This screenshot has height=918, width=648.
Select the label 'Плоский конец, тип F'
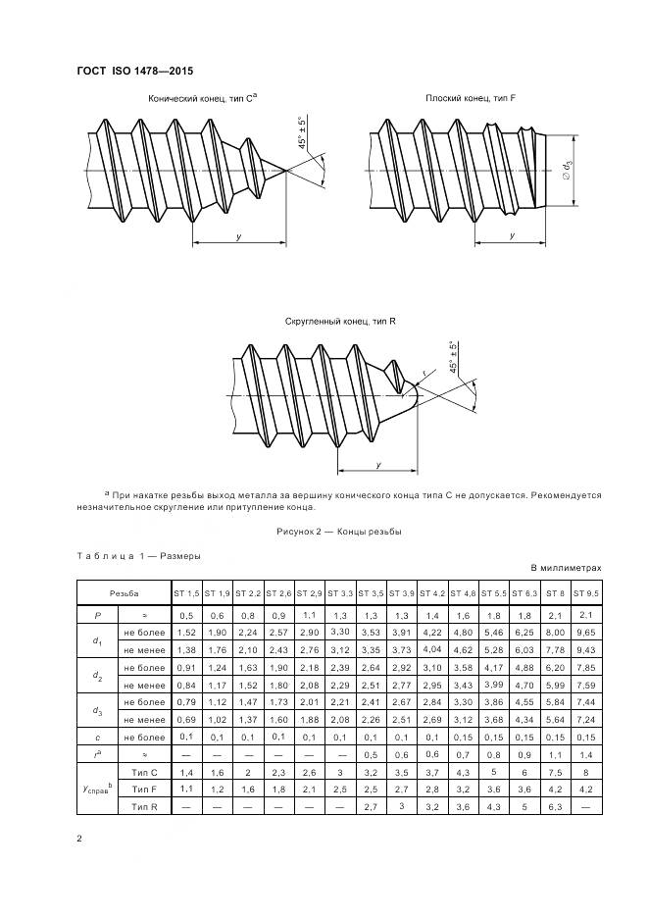[x=463, y=99]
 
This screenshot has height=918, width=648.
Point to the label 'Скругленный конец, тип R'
[x=339, y=321]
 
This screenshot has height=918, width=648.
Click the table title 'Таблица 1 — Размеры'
[x=138, y=555]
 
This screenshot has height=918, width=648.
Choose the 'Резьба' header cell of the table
[x=124, y=593]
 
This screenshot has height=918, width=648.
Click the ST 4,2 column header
[x=432, y=593]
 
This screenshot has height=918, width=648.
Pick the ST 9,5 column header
[x=585, y=593]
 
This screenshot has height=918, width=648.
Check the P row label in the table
[x=96, y=614]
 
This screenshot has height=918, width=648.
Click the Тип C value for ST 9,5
[x=585, y=773]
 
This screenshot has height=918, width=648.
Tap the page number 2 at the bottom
[x=78, y=839]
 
